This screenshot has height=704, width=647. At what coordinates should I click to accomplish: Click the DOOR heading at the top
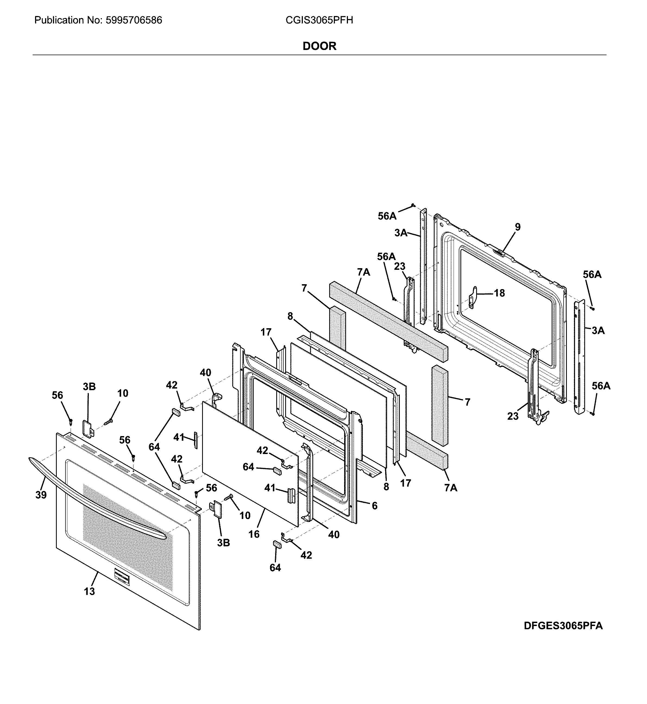point(319,46)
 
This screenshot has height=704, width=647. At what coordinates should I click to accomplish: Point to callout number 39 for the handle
point(41,495)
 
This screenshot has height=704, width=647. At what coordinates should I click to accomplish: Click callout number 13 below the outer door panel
point(89,592)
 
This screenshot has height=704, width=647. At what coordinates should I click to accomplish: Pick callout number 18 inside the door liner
point(499,293)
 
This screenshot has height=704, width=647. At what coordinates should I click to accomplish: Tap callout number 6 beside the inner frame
point(374,505)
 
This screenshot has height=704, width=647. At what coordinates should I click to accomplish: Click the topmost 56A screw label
point(387,216)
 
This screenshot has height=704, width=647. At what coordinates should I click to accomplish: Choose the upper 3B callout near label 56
point(89,386)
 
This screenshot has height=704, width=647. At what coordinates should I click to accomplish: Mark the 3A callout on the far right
point(598,330)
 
